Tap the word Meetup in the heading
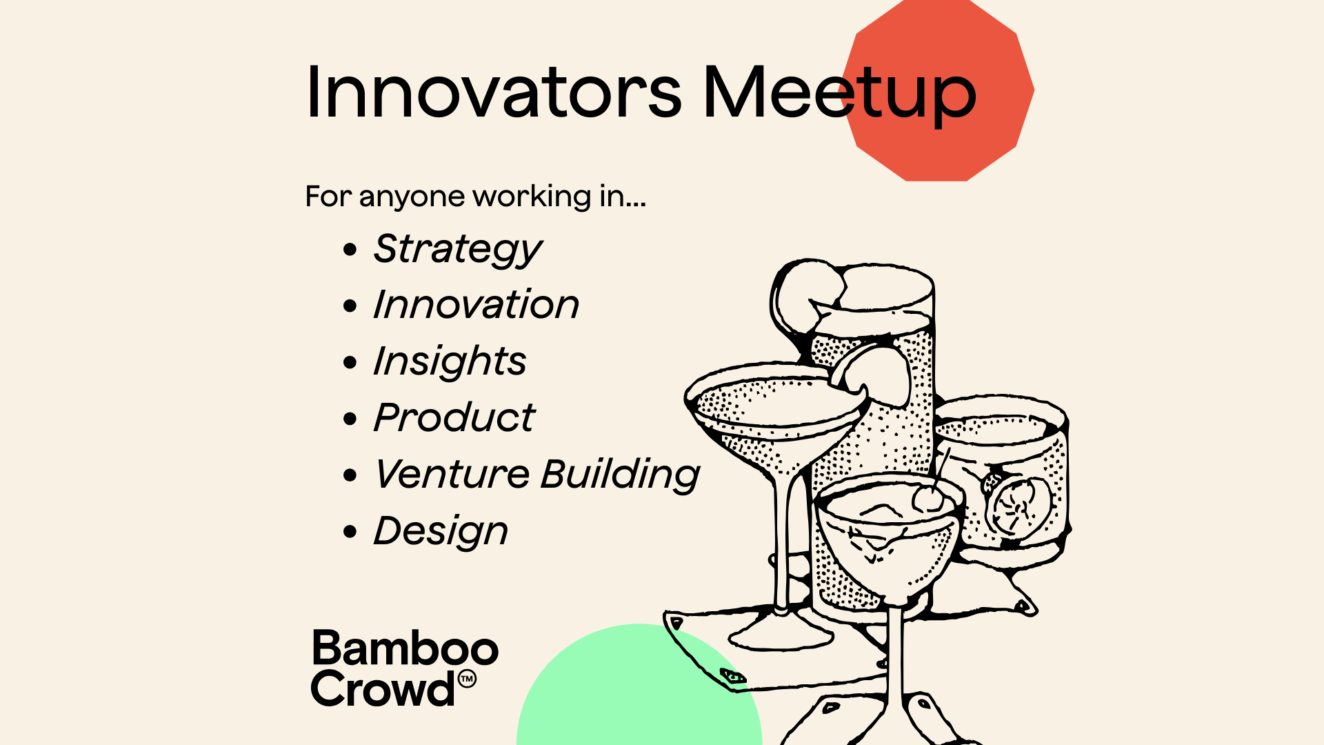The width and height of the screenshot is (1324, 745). [x=839, y=95]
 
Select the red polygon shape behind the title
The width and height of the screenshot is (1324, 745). [x=938, y=90]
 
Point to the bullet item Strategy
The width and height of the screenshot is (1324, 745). [x=458, y=249]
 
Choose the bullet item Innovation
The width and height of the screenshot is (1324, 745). [x=476, y=304]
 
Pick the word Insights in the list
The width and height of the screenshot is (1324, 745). [x=450, y=361]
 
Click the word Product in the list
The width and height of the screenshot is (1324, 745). [x=454, y=417]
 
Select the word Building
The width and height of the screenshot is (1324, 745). [x=621, y=475]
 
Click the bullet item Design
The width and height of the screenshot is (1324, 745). [x=441, y=531]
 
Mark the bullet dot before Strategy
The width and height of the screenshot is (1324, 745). [x=350, y=249]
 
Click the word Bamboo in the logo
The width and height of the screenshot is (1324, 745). [x=405, y=648]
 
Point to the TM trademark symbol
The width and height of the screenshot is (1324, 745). [x=467, y=679]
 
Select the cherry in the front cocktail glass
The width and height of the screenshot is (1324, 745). [x=930, y=499]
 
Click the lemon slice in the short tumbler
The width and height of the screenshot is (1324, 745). [x=1019, y=507]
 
